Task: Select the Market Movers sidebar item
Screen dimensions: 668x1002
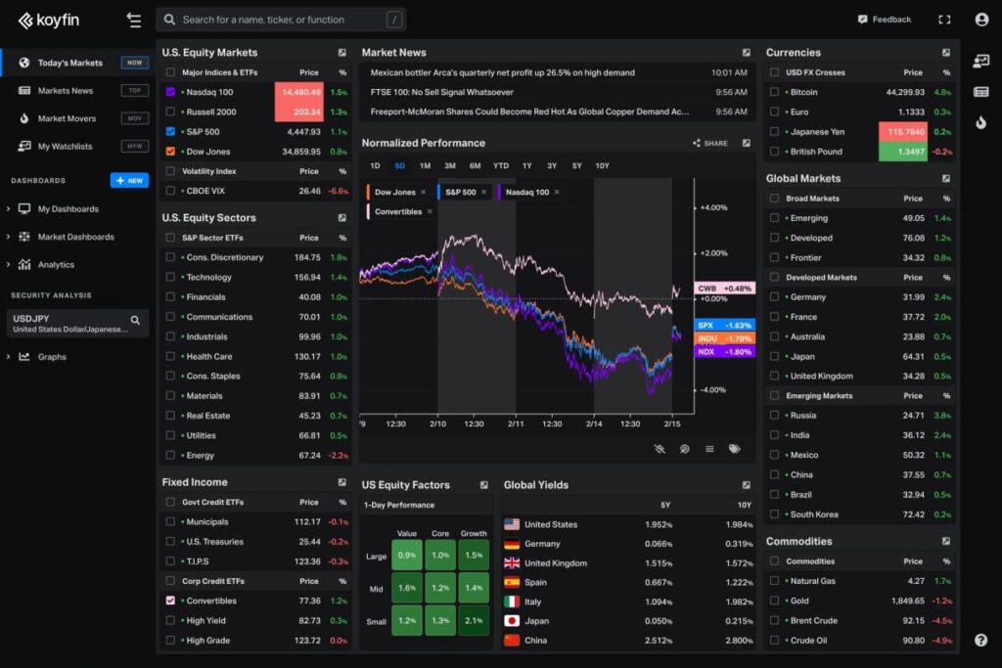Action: pos(67,118)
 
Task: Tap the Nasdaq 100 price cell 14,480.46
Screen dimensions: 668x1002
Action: pos(300,92)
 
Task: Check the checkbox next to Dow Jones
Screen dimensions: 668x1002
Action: pos(170,152)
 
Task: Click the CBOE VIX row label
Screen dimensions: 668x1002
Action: pos(205,191)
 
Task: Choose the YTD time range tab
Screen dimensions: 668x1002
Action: pos(501,165)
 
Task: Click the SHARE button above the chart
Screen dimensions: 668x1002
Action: pos(710,143)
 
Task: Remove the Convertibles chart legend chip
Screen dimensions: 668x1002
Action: pos(430,211)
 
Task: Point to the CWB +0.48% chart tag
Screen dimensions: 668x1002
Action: pos(724,289)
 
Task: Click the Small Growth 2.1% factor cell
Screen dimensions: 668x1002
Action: pos(474,620)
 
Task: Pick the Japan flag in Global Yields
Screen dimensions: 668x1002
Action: pos(512,620)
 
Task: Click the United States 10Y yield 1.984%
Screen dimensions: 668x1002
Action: pos(739,524)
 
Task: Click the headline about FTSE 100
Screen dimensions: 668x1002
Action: pos(441,92)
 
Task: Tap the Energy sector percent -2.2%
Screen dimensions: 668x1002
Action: pos(339,455)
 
